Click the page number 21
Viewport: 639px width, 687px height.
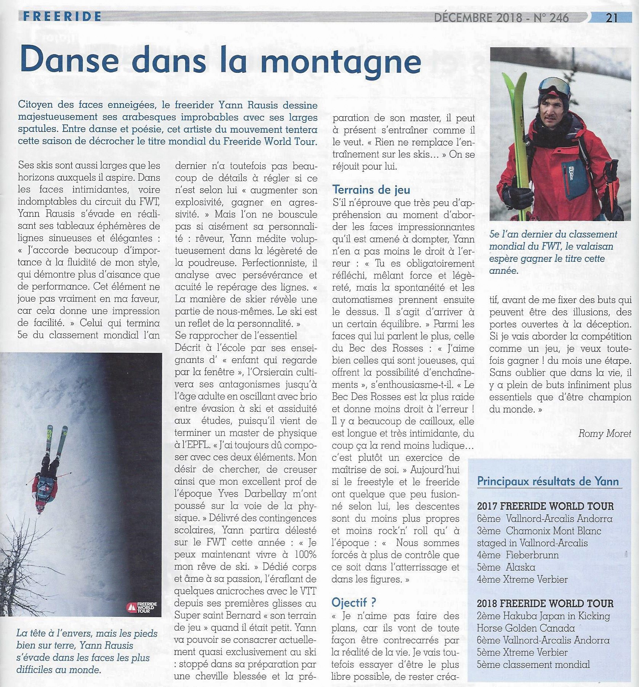click(x=612, y=17)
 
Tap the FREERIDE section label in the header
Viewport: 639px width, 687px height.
click(x=62, y=16)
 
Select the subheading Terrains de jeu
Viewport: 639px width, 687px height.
click(x=371, y=189)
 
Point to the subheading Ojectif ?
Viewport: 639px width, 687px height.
click(x=354, y=602)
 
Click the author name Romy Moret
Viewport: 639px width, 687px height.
click(x=604, y=433)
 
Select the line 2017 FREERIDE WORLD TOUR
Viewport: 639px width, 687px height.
click(x=545, y=506)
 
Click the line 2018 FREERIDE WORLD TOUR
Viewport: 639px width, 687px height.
click(x=545, y=604)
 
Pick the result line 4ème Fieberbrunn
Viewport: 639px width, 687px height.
click(x=518, y=555)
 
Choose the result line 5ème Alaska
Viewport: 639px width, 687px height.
click(x=506, y=567)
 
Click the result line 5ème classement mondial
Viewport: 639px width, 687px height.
click(x=533, y=665)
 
